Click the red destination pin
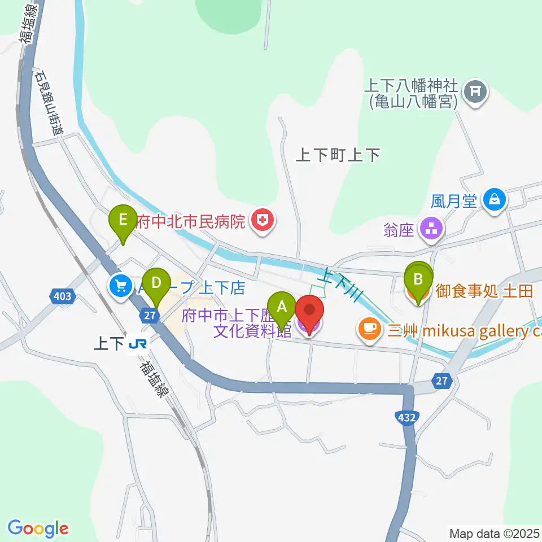pyautogui.click(x=309, y=312)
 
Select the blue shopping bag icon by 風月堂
pyautogui.click(x=495, y=200)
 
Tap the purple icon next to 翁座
pyautogui.click(x=434, y=229)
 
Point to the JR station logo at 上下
pyautogui.click(x=137, y=343)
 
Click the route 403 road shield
pyautogui.click(x=63, y=295)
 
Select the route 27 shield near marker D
pyautogui.click(x=148, y=316)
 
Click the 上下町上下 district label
pyautogui.click(x=338, y=156)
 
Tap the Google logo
pyautogui.click(x=38, y=528)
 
